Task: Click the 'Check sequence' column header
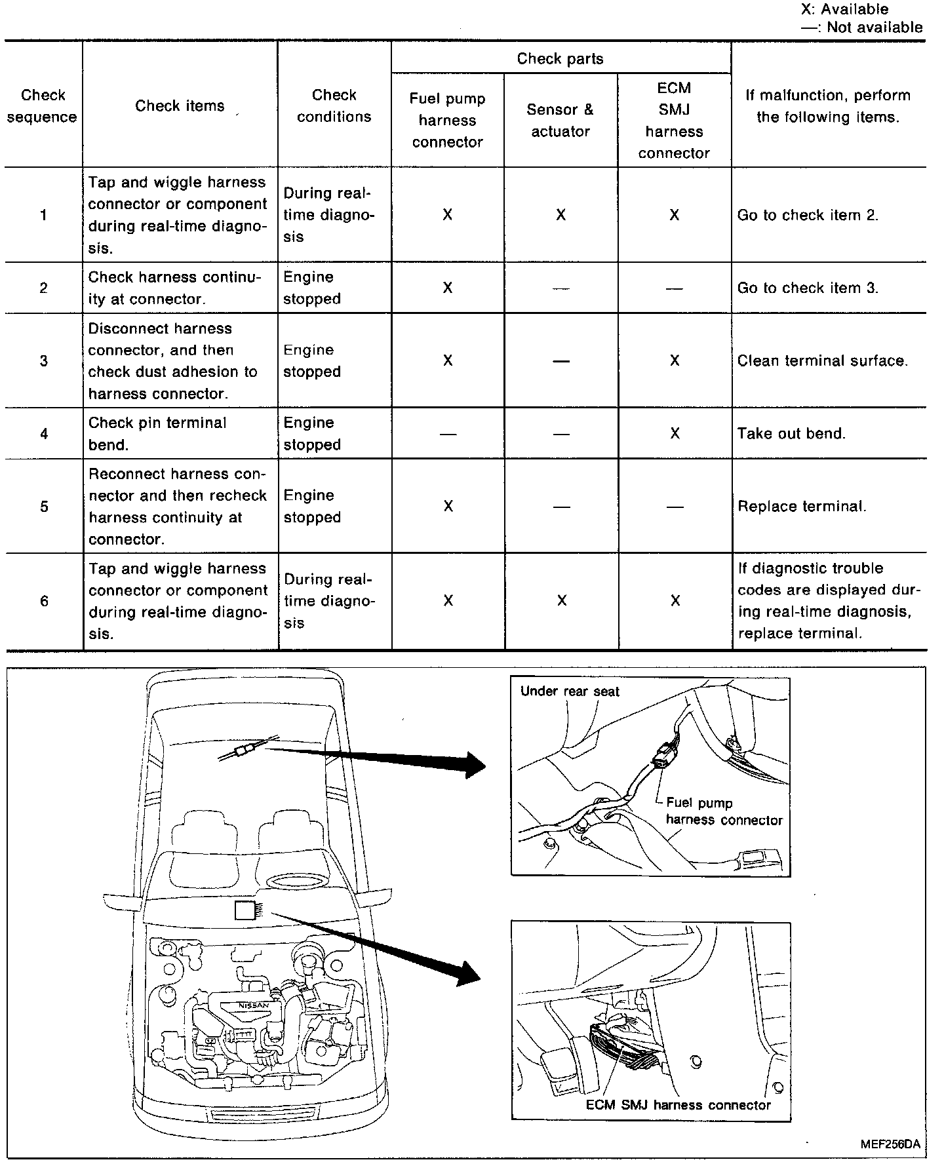(43, 106)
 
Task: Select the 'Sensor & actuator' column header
(560, 120)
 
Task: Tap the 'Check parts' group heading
(560, 58)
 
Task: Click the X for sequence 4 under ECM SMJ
(675, 433)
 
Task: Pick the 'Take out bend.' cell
(791, 433)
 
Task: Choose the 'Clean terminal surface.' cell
(822, 360)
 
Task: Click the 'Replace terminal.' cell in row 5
(802, 506)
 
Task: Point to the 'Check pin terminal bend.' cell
(157, 433)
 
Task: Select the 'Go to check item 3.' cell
(808, 288)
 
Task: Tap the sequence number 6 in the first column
(44, 601)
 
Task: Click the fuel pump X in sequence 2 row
(448, 288)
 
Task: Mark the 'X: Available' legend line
(844, 9)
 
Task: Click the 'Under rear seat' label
(569, 691)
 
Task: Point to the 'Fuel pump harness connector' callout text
(723, 811)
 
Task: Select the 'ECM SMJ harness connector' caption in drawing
(678, 1105)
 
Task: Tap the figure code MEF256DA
(890, 1144)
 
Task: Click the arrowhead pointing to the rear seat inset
(474, 765)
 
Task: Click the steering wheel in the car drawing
(290, 881)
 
